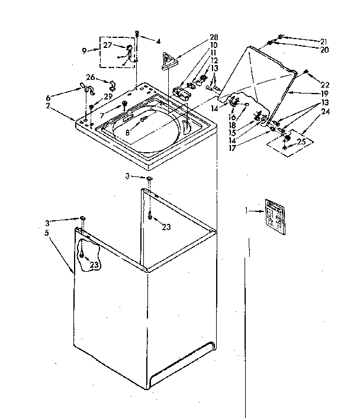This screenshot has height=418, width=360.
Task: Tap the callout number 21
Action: (323, 41)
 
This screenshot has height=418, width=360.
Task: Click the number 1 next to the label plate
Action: (246, 210)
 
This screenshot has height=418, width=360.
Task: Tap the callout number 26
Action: (90, 77)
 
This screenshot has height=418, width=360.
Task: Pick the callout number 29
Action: (108, 97)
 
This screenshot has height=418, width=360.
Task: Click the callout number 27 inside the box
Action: (107, 45)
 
